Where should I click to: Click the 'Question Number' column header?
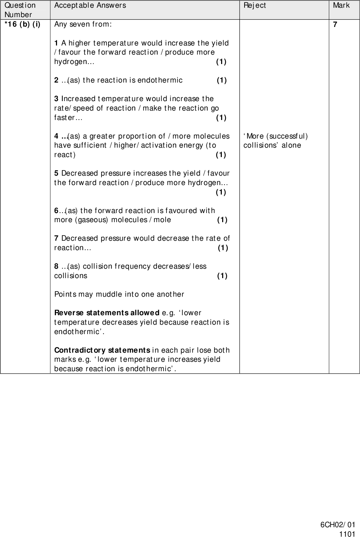20,10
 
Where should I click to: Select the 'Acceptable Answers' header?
90,5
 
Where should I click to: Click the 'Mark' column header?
341,5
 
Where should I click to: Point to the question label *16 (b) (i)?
22,24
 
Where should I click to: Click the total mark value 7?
335,24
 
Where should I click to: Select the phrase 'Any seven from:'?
83,24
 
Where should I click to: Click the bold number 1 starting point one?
56,43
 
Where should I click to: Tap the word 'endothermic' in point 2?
160,80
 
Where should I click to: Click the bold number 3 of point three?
56,99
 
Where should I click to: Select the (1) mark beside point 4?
221,155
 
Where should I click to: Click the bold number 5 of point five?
56,173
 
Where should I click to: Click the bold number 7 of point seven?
56,238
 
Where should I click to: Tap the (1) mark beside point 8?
222,276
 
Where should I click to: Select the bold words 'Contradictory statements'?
102,350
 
